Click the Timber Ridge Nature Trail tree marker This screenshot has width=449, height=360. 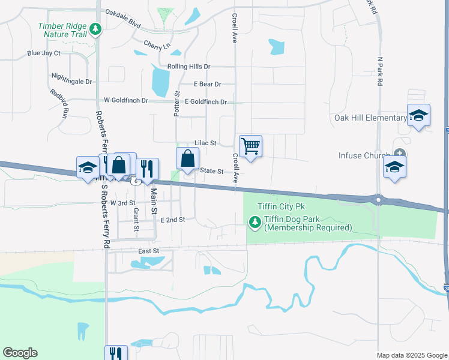click(x=95, y=29)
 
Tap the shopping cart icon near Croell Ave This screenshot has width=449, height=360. click(x=250, y=146)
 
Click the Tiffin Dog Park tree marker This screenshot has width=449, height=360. click(x=255, y=223)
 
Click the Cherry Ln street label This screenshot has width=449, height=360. click(x=157, y=45)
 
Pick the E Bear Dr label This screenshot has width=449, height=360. click(x=207, y=85)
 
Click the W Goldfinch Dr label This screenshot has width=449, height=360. click(x=125, y=100)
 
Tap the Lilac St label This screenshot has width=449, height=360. click(x=205, y=143)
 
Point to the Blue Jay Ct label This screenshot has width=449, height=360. click(x=44, y=53)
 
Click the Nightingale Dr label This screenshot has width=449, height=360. click(x=71, y=81)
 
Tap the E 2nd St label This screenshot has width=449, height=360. click(x=173, y=220)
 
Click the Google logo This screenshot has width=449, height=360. click(x=20, y=353)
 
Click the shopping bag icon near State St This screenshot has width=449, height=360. click(x=188, y=158)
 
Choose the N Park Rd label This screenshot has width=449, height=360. click(x=380, y=73)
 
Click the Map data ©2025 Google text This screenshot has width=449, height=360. click(x=411, y=355)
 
